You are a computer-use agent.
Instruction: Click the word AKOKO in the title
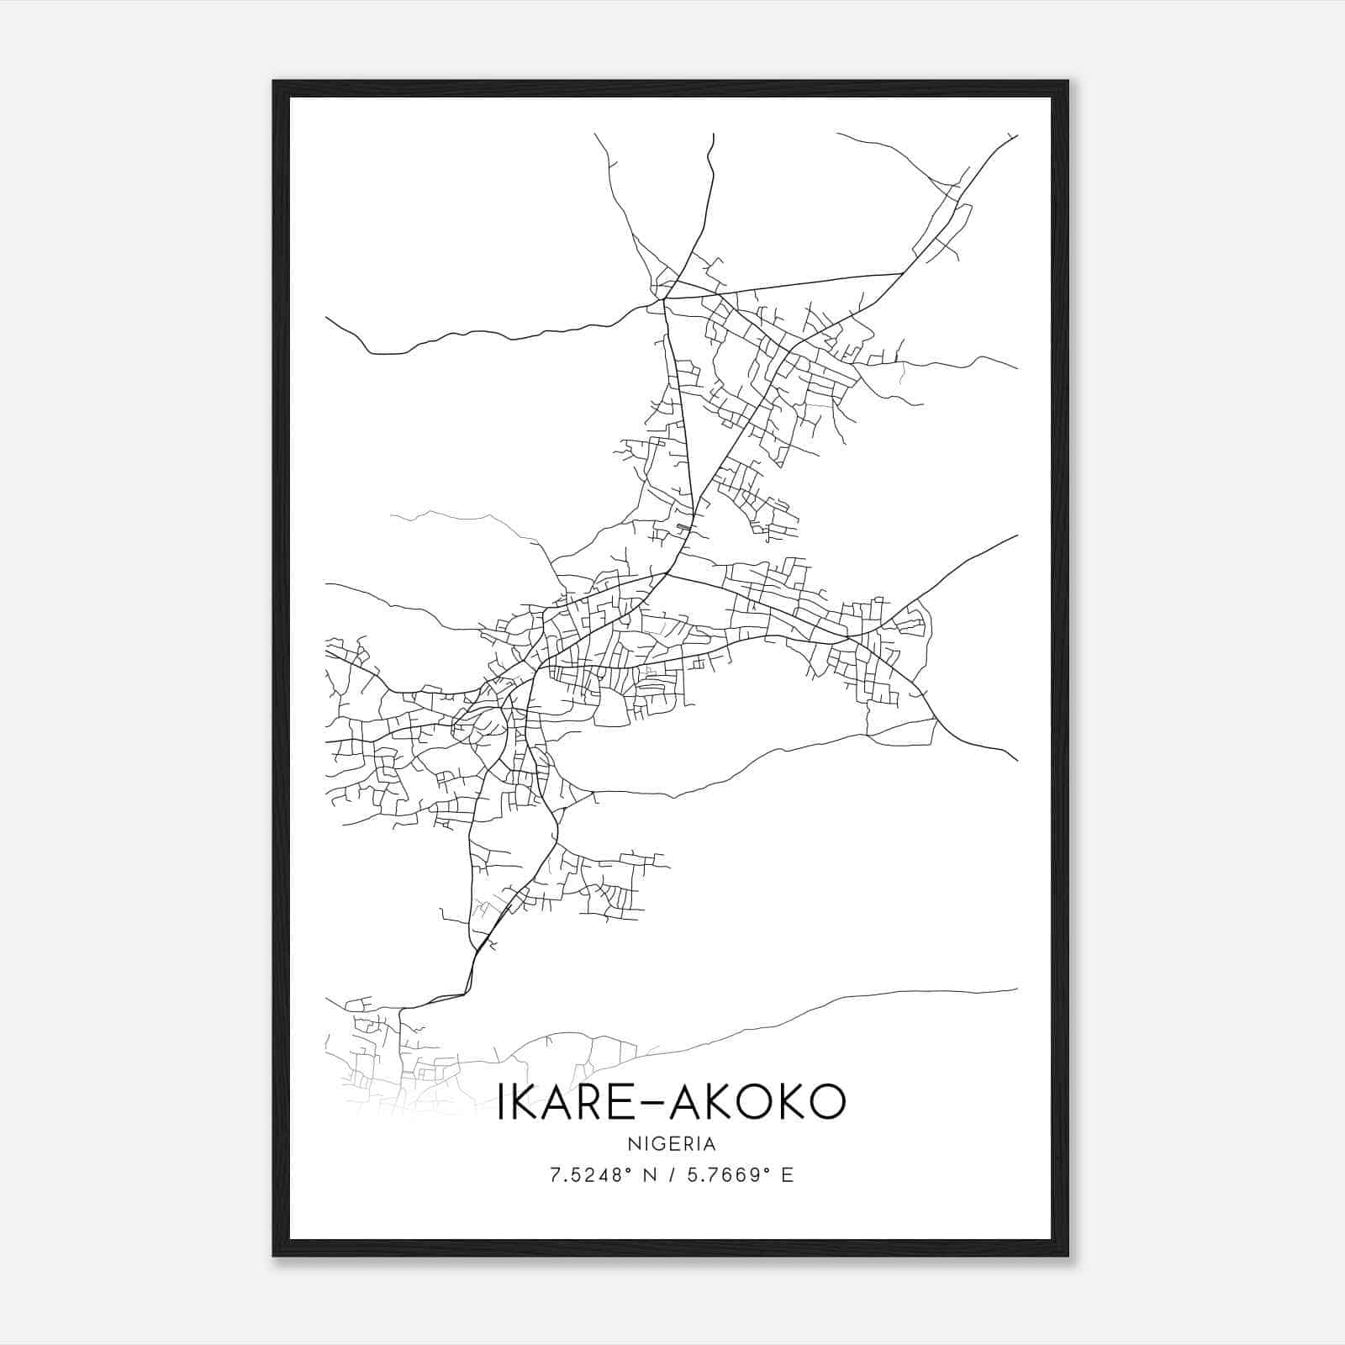pyautogui.click(x=762, y=1102)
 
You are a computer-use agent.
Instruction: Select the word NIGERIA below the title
pyautogui.click(x=671, y=1144)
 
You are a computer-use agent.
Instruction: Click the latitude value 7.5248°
pyautogui.click(x=589, y=1175)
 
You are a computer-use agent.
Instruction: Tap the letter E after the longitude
pyautogui.click(x=787, y=1175)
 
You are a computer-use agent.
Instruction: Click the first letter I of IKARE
pyautogui.click(x=501, y=1102)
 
